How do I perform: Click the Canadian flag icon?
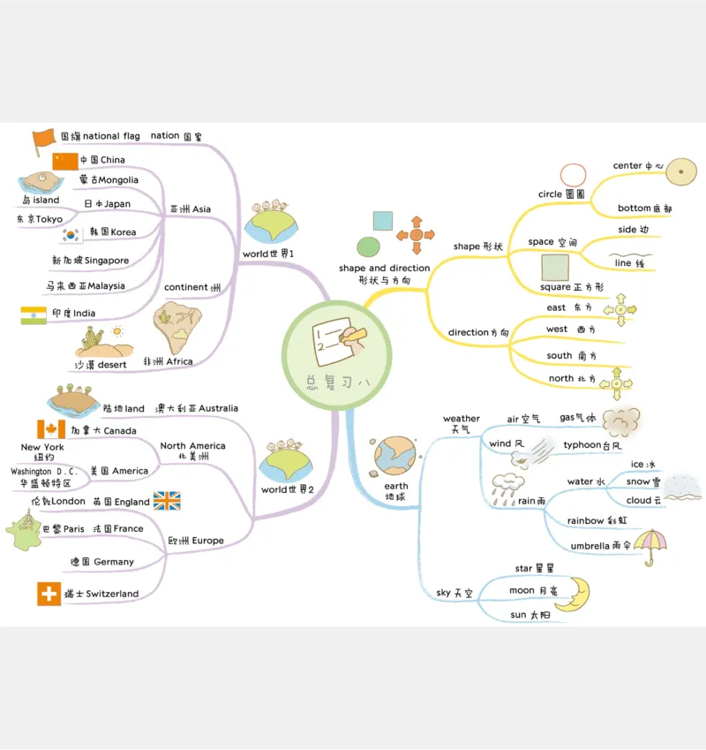coord(51,429)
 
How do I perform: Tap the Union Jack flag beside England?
coord(167,501)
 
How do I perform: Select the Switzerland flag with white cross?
coord(49,594)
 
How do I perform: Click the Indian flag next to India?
coord(34,314)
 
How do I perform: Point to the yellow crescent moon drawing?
coord(573,593)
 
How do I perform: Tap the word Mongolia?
coord(120,180)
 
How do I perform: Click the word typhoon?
coord(582,445)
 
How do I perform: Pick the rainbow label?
coord(586,521)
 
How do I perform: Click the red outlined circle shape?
coord(573,176)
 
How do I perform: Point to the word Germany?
coord(114,562)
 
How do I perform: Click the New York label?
coord(42,447)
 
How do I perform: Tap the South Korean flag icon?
coord(71,234)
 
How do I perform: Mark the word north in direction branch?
coord(560,379)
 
